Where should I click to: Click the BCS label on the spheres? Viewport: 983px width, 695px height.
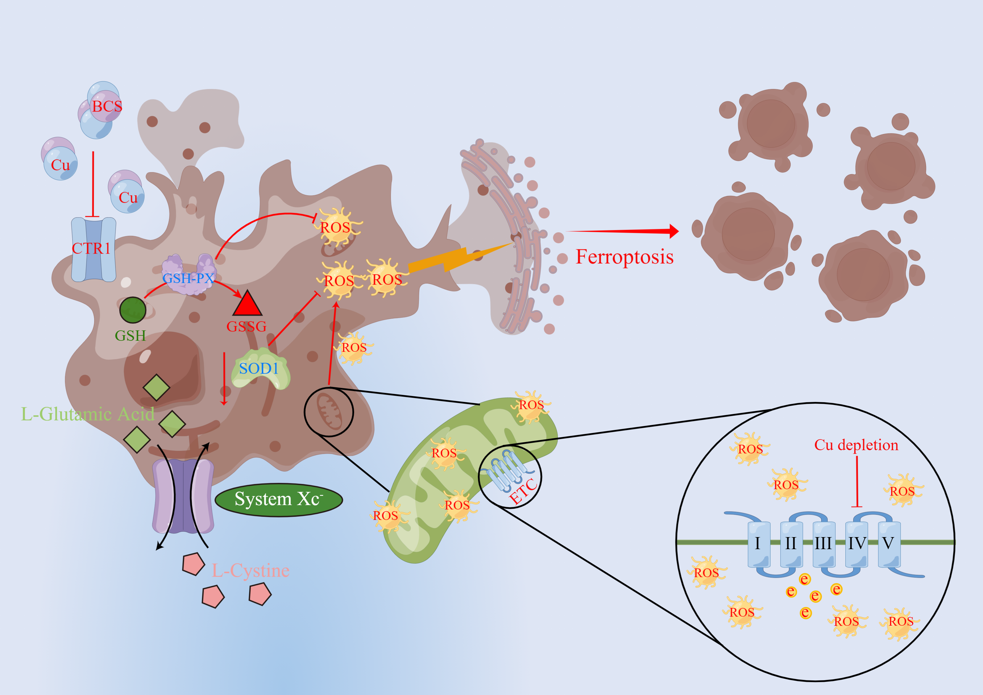tap(107, 106)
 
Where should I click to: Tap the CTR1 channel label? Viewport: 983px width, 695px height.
tap(91, 248)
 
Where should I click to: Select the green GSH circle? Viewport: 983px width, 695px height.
tap(133, 310)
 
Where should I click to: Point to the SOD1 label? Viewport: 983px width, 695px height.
tap(259, 368)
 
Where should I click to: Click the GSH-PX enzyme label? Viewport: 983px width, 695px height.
tap(188, 278)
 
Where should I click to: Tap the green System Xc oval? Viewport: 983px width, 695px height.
tap(279, 499)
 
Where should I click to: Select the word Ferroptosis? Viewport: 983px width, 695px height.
tap(624, 257)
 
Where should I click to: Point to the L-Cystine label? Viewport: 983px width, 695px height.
tap(250, 571)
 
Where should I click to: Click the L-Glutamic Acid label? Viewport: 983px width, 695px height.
tap(88, 414)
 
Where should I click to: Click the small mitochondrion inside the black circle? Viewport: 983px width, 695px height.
tap(329, 412)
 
